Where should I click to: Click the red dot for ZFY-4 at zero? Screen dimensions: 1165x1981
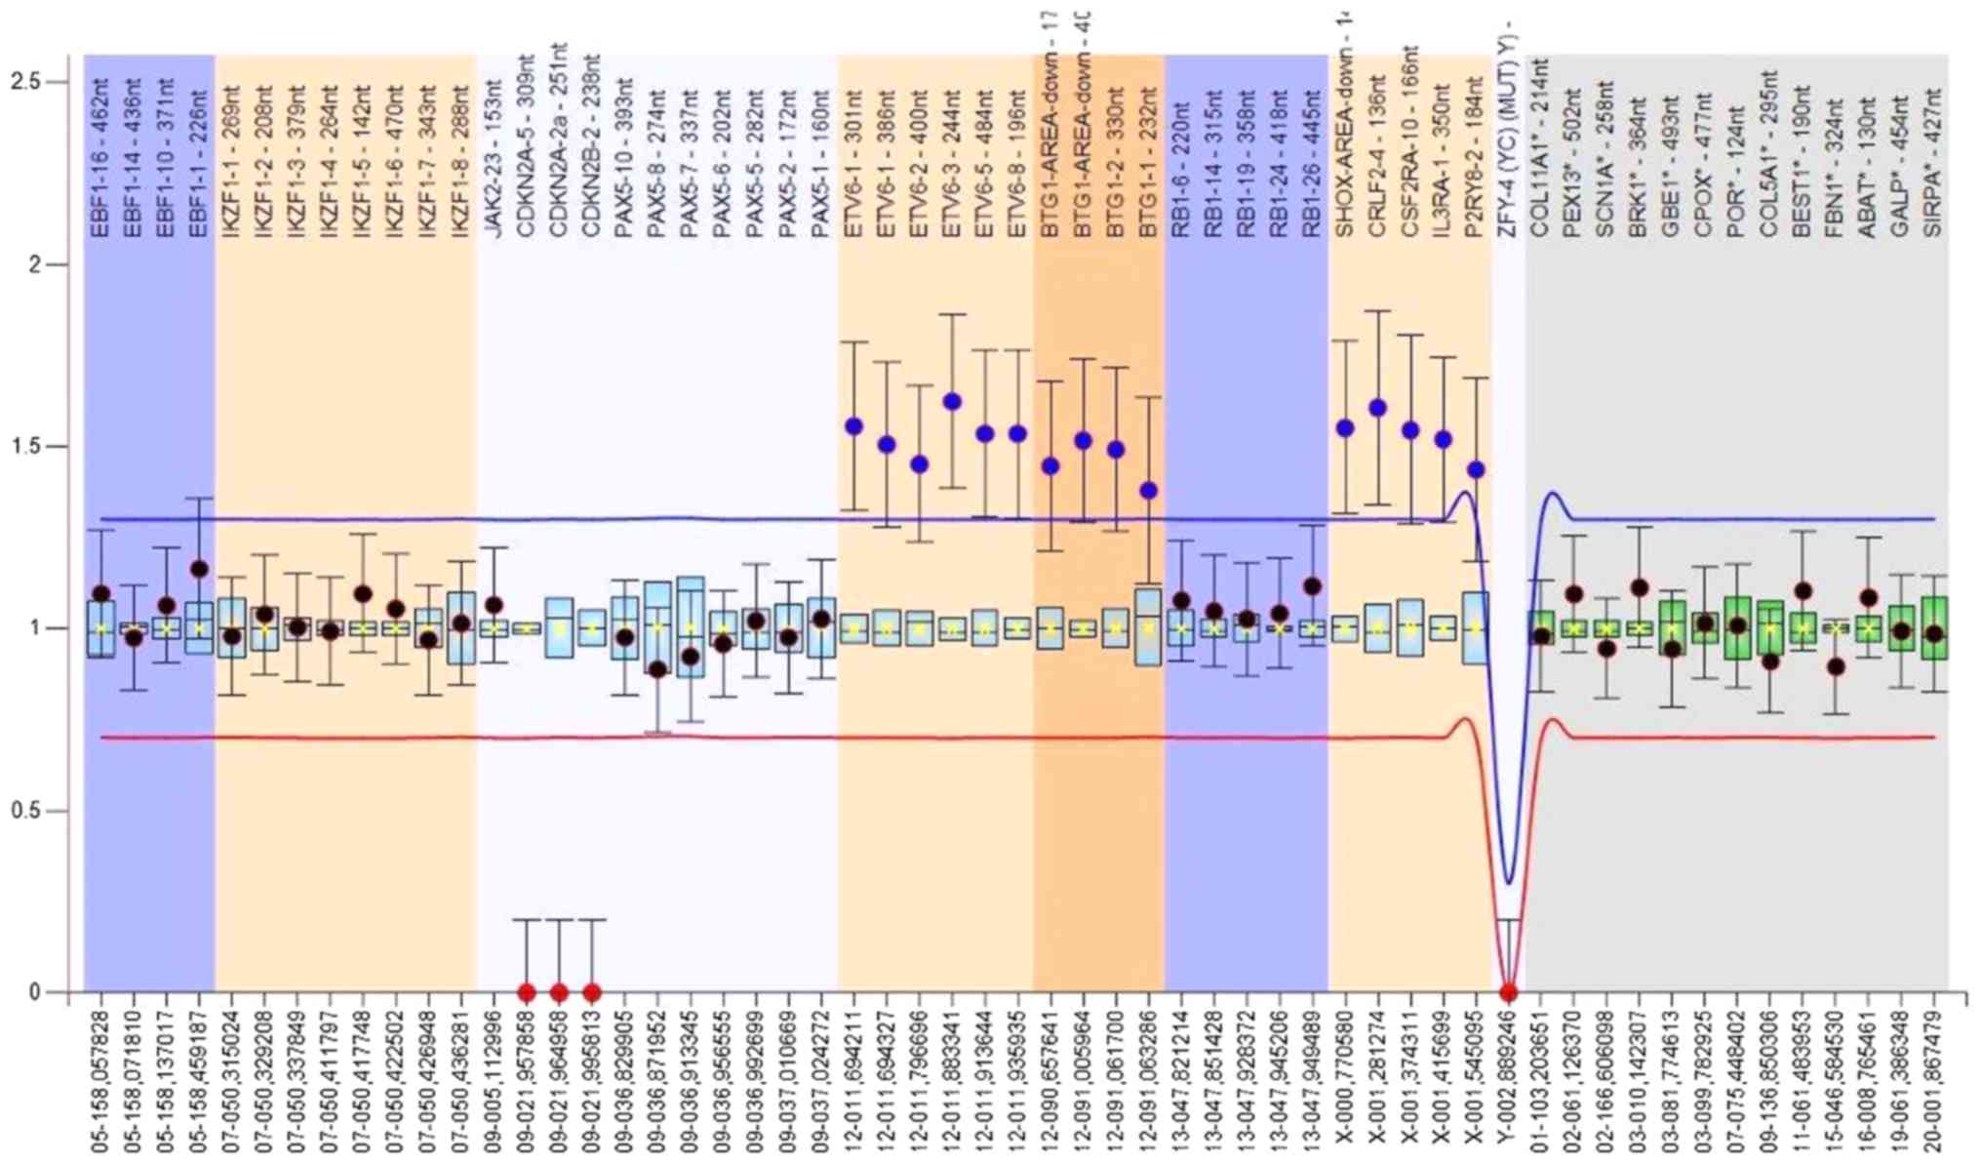(1509, 992)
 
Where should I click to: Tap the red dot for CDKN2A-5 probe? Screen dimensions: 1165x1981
(527, 992)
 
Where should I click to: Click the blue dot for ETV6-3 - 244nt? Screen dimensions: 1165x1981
(952, 402)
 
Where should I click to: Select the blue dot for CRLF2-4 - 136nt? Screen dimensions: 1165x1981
(1377, 408)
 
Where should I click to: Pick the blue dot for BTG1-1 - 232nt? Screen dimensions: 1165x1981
(1149, 491)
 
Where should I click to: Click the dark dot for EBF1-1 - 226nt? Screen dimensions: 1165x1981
(199, 569)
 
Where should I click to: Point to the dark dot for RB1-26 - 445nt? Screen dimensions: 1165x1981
(1312, 586)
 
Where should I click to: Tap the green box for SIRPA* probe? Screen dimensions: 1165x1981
(1933, 628)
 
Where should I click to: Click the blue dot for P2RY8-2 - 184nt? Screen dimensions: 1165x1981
(1476, 470)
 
